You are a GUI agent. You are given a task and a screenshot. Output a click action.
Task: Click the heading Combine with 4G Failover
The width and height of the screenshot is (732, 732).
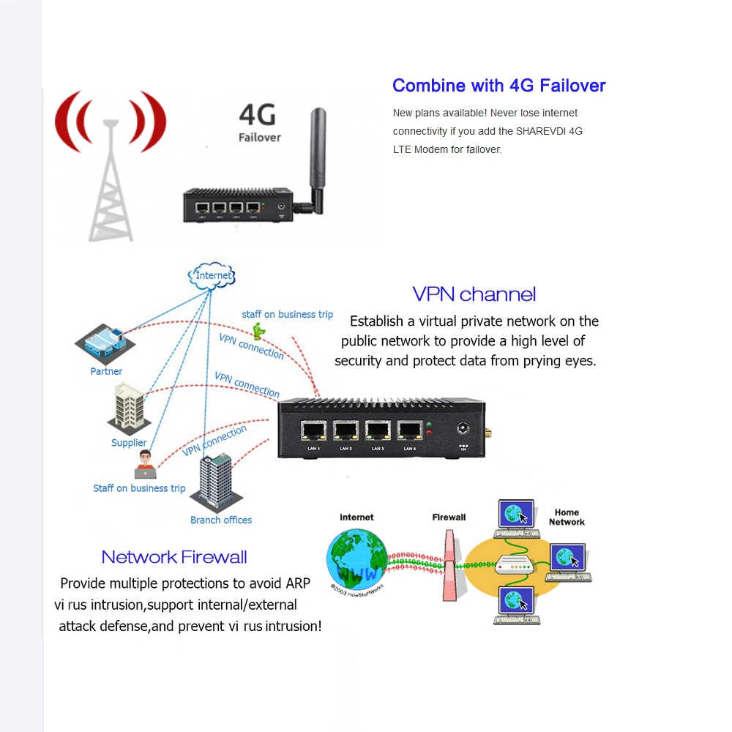click(498, 86)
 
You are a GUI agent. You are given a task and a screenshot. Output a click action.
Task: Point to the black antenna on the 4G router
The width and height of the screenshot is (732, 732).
click(316, 161)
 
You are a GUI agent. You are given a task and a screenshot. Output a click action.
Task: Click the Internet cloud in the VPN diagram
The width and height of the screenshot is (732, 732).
click(213, 275)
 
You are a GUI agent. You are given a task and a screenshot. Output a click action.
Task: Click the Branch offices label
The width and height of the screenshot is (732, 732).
click(221, 520)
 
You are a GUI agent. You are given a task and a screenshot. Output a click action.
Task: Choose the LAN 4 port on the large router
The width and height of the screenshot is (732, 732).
click(410, 432)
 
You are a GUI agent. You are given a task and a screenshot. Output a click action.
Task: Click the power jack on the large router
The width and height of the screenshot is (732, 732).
click(463, 430)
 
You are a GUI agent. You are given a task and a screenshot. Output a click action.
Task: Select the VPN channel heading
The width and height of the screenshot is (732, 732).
click(474, 294)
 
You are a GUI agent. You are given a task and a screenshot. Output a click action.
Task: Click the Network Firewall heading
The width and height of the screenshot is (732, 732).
click(174, 557)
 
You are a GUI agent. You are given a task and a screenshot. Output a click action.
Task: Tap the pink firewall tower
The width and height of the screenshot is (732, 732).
click(449, 564)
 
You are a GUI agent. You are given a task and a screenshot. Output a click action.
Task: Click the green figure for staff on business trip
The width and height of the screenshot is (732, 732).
click(258, 331)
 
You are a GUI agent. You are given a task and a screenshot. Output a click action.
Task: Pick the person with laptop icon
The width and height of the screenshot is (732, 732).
click(145, 465)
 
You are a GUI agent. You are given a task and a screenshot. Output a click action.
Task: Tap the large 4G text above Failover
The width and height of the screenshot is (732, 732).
click(258, 115)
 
